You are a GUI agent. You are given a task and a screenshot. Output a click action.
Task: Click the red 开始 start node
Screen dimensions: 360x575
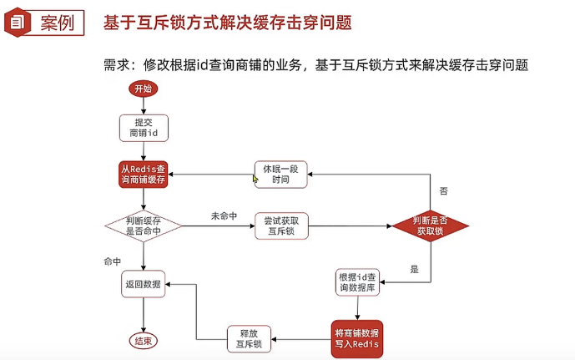[x=143, y=89]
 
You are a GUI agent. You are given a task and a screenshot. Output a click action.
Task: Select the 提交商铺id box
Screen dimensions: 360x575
[x=144, y=128]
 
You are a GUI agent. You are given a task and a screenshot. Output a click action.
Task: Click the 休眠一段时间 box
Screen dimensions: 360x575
[x=280, y=175]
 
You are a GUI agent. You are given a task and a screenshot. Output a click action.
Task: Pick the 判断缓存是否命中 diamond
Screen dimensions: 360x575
[x=143, y=226]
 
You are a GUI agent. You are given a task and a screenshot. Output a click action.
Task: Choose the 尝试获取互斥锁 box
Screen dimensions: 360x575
[x=280, y=226]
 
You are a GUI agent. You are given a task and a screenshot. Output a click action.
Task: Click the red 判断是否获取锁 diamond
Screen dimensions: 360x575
[x=431, y=226]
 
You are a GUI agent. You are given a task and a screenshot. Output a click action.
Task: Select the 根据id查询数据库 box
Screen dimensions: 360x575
[x=358, y=282]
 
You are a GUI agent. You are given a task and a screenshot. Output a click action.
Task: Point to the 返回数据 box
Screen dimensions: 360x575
[x=144, y=284]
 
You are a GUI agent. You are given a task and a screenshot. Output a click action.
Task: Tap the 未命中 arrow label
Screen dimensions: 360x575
[x=224, y=216]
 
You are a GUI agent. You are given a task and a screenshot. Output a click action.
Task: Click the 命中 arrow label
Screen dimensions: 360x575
[x=112, y=262]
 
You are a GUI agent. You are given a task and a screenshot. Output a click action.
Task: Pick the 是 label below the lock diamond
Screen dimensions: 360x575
[x=415, y=269]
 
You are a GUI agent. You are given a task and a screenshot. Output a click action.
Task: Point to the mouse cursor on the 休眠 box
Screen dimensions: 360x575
[x=257, y=179]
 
